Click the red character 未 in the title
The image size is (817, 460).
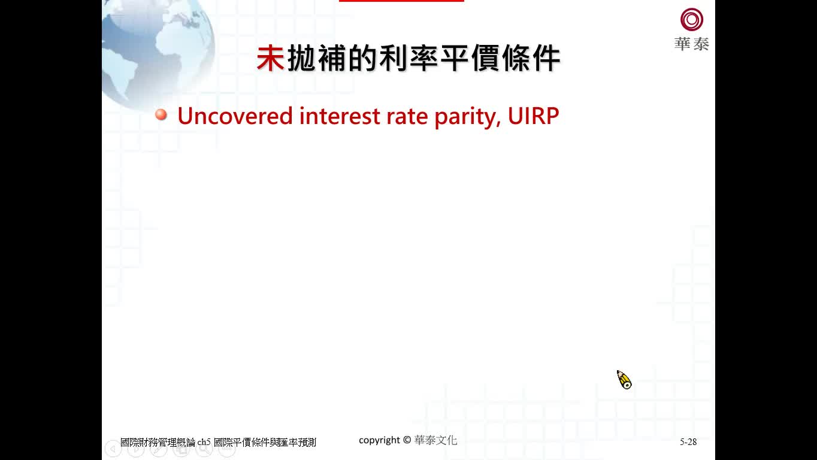point(270,58)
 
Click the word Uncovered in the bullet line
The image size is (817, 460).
point(235,116)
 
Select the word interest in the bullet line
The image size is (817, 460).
point(334,116)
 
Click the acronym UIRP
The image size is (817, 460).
point(533,116)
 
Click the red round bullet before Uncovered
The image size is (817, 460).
point(161,114)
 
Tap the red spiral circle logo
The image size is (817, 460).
point(692,19)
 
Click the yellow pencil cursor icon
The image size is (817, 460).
point(624,380)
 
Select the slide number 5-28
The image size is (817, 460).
point(688,442)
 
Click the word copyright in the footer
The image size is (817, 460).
point(379,440)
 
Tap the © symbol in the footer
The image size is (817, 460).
point(407,440)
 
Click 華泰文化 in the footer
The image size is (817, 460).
point(435,440)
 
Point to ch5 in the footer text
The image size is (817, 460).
point(204,442)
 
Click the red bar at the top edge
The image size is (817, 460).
point(401,1)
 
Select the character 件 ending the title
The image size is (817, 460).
point(546,58)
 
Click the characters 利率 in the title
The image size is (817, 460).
point(408,58)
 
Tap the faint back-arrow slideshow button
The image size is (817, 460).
point(113,449)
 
